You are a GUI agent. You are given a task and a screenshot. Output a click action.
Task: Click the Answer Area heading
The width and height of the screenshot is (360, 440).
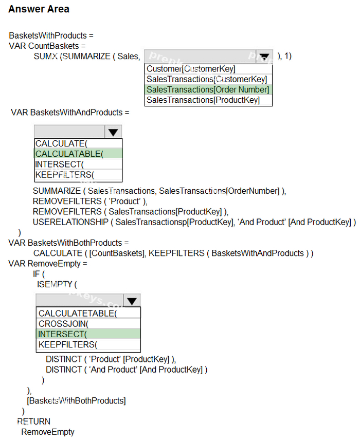pos(39,9)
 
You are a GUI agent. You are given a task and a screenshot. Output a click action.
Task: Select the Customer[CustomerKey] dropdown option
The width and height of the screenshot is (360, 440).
pos(191,69)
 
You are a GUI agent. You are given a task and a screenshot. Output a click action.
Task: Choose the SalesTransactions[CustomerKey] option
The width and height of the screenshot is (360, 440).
pos(207,79)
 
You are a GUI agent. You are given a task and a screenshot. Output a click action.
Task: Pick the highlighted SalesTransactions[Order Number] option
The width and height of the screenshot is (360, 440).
pos(208,89)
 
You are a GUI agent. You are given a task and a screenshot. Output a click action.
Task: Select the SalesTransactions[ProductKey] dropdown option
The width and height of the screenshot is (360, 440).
pos(203,100)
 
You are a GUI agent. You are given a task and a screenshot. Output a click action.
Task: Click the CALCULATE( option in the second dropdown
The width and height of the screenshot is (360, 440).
pos(62,144)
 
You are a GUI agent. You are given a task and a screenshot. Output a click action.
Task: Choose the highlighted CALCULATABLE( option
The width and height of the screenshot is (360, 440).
pos(69,154)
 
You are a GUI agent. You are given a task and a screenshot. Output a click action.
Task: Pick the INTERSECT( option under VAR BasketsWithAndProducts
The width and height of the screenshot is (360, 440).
pos(60,164)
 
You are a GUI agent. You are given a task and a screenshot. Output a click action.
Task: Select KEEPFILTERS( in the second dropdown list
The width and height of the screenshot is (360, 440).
pos(65,175)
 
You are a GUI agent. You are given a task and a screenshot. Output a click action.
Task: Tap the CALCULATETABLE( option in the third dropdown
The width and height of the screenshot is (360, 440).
pos(78,314)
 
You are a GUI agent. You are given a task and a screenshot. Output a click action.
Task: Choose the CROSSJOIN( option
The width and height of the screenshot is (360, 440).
pos(63,324)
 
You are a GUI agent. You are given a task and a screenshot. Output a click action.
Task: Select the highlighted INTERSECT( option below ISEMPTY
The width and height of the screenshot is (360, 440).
pos(63,334)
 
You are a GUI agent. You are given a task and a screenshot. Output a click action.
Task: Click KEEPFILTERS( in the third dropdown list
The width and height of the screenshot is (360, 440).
pos(68,344)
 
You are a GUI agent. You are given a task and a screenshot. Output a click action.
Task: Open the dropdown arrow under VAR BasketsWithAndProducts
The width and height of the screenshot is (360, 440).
pos(113,132)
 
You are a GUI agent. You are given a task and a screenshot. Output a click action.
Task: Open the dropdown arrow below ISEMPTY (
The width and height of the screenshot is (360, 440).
pos(132,301)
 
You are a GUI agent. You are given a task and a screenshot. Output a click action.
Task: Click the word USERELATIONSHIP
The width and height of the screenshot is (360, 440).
pos(70,222)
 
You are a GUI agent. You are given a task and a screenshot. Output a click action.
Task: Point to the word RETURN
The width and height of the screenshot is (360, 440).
pos(34,421)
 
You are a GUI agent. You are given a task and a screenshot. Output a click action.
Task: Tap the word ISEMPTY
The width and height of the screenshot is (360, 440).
pos(55,285)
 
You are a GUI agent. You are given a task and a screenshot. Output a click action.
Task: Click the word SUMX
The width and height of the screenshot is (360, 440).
pos(46,57)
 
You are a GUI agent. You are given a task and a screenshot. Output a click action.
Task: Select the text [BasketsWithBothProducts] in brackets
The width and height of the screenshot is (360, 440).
pos(77,401)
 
